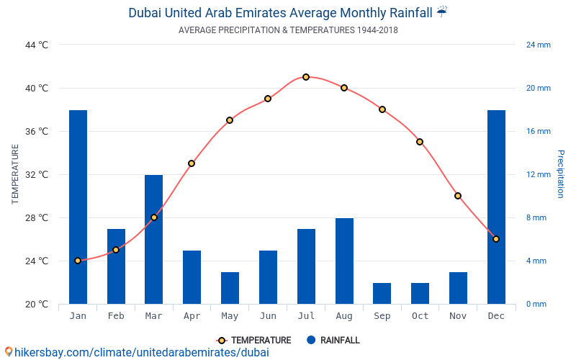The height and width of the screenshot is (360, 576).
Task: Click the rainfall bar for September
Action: (x=382, y=293)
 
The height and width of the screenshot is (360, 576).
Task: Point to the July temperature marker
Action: (x=306, y=77)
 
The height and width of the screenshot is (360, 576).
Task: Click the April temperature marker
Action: (x=192, y=163)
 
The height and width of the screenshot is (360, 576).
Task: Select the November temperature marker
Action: (x=458, y=196)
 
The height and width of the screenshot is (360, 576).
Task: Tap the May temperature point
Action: (x=230, y=120)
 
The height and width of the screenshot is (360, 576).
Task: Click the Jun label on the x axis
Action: (x=268, y=316)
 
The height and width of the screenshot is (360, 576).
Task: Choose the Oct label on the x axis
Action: (x=420, y=316)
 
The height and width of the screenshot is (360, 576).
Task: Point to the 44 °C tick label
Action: (x=37, y=45)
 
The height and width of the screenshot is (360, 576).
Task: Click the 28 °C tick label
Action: (x=37, y=217)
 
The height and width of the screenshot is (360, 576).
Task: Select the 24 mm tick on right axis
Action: (x=538, y=45)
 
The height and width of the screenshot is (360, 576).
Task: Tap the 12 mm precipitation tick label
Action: (x=538, y=174)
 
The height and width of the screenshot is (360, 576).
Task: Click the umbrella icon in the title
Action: (x=442, y=12)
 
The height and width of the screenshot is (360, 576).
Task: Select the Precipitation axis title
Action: (x=561, y=174)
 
